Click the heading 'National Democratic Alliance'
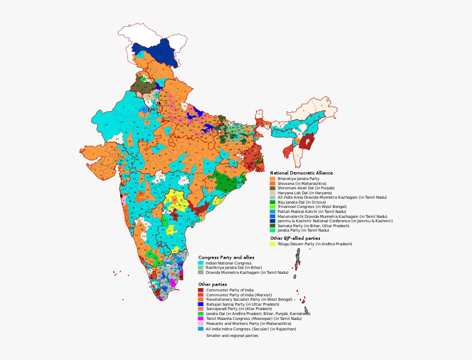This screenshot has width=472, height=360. (x=301, y=173)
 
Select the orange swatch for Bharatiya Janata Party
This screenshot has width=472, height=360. (x=272, y=178)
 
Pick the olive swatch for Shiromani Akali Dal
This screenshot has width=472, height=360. (x=272, y=188)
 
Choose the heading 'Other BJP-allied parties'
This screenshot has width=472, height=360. (x=295, y=238)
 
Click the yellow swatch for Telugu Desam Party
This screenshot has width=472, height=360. (x=272, y=244)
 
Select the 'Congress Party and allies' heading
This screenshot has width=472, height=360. (x=226, y=257)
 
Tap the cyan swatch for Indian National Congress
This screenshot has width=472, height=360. (x=201, y=263)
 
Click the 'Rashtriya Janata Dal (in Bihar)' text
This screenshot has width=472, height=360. (x=234, y=267)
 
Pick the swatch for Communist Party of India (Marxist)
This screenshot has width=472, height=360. (x=201, y=295)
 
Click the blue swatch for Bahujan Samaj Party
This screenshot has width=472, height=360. (x=201, y=304)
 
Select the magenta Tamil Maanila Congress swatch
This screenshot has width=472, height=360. (x=201, y=318)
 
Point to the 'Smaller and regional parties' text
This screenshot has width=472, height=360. (x=232, y=335)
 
